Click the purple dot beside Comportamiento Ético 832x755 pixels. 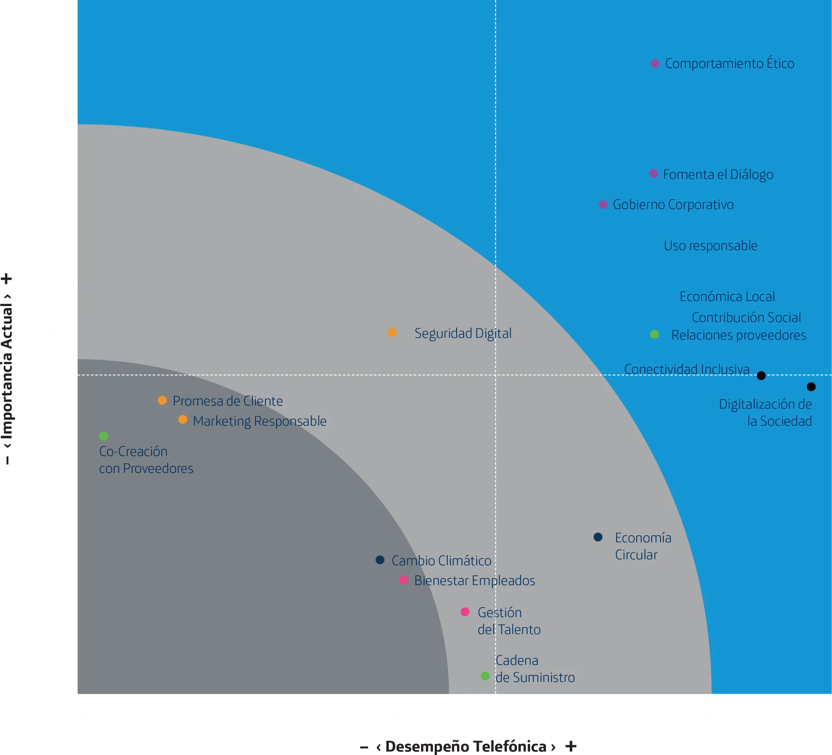[x=655, y=63]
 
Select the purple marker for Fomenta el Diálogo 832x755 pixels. [x=654, y=174]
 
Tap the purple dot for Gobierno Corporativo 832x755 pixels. [x=603, y=205]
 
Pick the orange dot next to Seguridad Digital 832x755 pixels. [x=392, y=333]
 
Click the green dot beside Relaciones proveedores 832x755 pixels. [x=654, y=334]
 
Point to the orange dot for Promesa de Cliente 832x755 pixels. [x=162, y=400]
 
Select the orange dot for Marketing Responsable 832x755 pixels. [x=182, y=420]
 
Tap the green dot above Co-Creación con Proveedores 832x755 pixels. [x=104, y=436]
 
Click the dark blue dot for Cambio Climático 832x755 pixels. [x=380, y=560]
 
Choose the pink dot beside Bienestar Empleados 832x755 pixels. [x=404, y=580]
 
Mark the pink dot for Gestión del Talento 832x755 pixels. [x=465, y=612]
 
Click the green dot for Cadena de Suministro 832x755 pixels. [x=485, y=676]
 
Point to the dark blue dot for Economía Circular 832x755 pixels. [x=598, y=537]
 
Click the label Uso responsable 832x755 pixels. [x=711, y=245]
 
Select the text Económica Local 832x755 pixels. [x=727, y=297]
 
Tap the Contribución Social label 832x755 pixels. [x=746, y=317]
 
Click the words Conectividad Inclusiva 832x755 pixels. [x=687, y=369]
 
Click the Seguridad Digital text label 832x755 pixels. [x=463, y=333]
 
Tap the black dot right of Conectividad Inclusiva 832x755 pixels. [x=761, y=375]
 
